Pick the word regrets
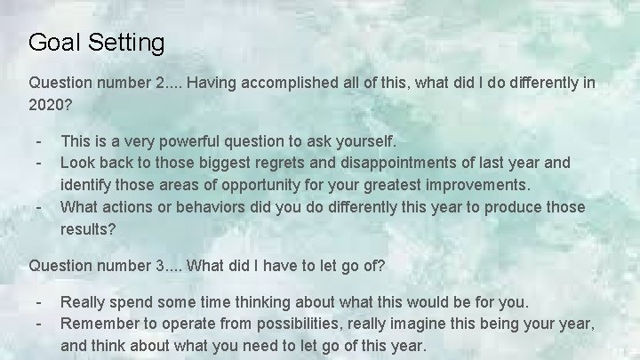pos(284,164)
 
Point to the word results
pos(86,228)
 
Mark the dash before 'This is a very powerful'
pos(38,141)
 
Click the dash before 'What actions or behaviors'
pos(38,207)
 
